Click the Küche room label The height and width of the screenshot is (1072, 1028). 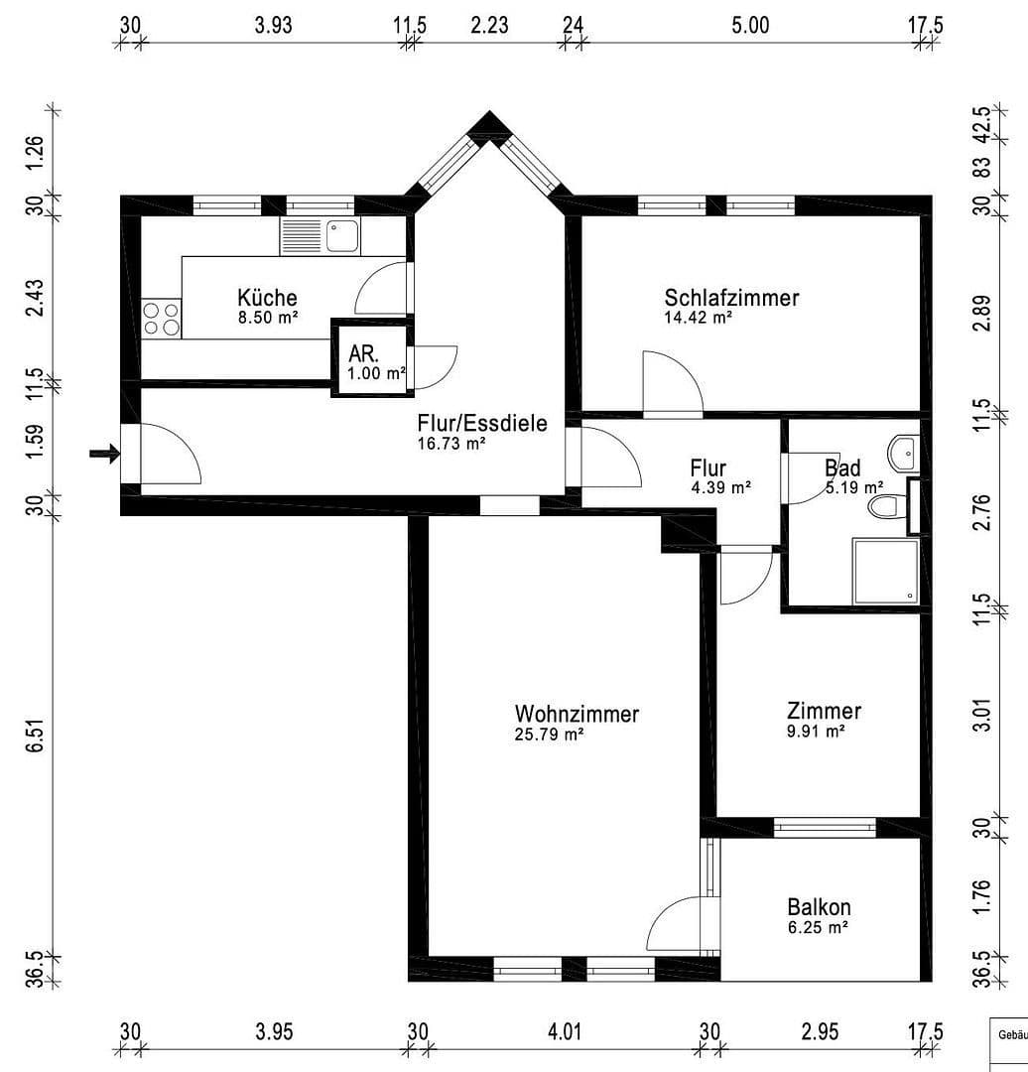pyautogui.click(x=267, y=297)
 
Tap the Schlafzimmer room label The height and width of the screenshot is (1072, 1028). pyautogui.click(x=731, y=298)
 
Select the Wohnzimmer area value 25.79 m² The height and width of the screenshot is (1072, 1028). pyautogui.click(x=548, y=736)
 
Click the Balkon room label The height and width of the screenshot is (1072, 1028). pyautogui.click(x=819, y=906)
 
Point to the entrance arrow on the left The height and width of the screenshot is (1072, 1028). pyautogui.click(x=103, y=454)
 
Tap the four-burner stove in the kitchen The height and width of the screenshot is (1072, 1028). pyautogui.click(x=162, y=319)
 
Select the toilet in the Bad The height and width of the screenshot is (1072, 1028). pyautogui.click(x=883, y=507)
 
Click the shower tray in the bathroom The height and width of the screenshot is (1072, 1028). pyautogui.click(x=885, y=571)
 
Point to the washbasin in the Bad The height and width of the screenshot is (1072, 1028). pyautogui.click(x=905, y=453)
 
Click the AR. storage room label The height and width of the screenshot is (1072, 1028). pyautogui.click(x=362, y=354)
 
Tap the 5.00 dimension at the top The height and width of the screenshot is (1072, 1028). pyautogui.click(x=750, y=25)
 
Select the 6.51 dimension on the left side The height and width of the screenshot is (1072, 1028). pyautogui.click(x=36, y=736)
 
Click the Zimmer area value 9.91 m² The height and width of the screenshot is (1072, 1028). pyautogui.click(x=815, y=732)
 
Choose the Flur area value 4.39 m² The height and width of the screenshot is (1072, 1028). pyautogui.click(x=719, y=487)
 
